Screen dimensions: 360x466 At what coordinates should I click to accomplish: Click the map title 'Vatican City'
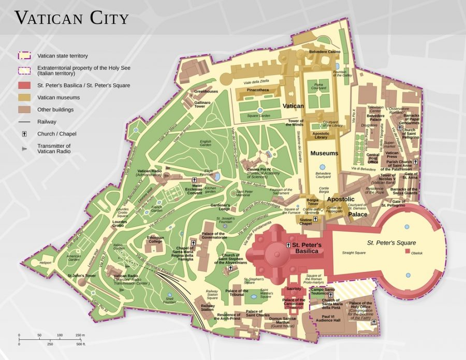click(71, 18)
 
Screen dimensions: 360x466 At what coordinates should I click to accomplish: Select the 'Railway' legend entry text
click(47, 122)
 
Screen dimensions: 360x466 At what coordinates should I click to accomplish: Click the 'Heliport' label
click(45, 263)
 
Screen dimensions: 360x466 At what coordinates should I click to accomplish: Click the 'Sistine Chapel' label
click(305, 221)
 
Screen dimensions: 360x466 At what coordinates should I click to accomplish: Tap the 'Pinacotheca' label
click(257, 90)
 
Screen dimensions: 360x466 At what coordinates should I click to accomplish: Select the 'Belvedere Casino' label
click(325, 52)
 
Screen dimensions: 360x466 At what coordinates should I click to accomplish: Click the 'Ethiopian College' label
click(155, 239)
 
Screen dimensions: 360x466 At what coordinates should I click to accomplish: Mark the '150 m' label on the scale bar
click(80, 335)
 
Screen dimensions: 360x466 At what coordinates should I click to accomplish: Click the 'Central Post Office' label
click(373, 158)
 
